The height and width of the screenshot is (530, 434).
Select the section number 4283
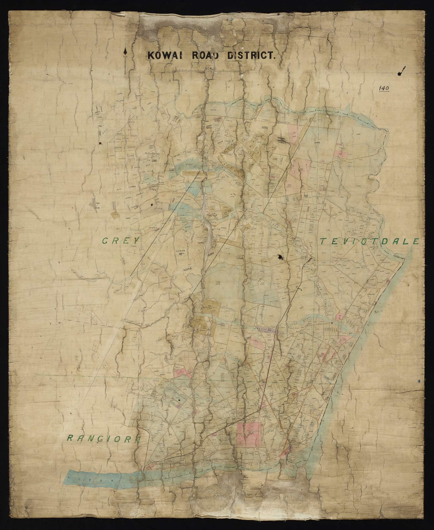[x=358, y=134]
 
